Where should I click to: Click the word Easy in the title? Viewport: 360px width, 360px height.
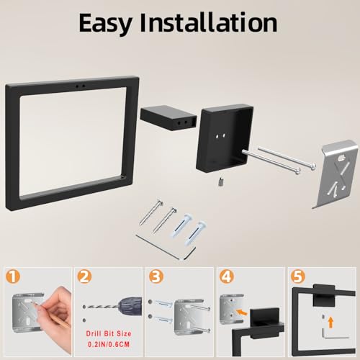coord(105,23)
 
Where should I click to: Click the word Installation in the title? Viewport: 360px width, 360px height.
coord(209,22)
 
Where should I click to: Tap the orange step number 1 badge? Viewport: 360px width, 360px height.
coord(12,276)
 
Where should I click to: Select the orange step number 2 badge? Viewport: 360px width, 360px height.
coord(84,276)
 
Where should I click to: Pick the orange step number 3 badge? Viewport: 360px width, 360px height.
coord(156,276)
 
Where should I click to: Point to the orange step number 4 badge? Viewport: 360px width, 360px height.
coord(227,276)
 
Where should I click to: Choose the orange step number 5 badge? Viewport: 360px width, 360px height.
coord(298,276)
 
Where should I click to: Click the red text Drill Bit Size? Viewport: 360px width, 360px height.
coord(109,333)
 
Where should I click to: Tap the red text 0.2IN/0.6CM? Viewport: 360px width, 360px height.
coord(109,344)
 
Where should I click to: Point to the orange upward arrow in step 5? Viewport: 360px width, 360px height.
coord(331,322)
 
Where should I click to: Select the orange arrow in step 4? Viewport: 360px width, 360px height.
coord(242,312)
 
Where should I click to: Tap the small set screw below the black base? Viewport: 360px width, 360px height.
coord(221,181)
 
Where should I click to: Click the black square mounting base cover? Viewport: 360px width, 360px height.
coord(225,138)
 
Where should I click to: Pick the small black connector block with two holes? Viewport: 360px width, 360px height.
coord(168,118)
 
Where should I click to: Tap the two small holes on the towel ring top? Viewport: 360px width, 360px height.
coord(80,86)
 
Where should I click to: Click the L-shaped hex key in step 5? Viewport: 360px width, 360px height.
coord(333,334)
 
